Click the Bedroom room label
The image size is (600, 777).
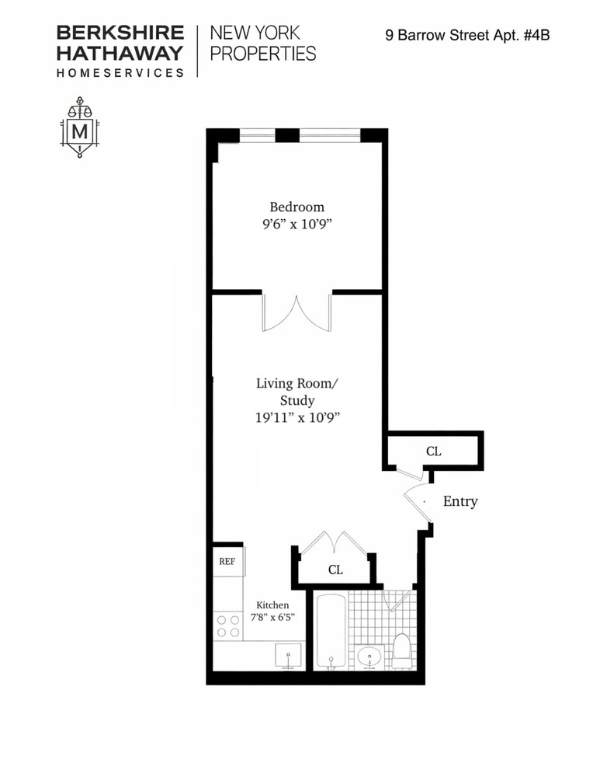click(x=297, y=207)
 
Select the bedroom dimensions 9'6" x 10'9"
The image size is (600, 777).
click(x=297, y=225)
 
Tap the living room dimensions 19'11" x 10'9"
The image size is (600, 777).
click(x=297, y=418)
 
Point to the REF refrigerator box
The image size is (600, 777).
click(x=227, y=561)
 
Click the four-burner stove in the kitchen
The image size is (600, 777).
click(x=227, y=625)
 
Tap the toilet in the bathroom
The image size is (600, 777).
click(x=402, y=650)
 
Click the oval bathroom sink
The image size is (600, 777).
click(x=369, y=657)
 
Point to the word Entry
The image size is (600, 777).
click(x=460, y=501)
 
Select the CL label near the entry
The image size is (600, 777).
click(x=433, y=451)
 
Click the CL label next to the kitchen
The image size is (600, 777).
click(x=335, y=570)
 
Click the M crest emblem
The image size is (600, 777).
click(x=78, y=128)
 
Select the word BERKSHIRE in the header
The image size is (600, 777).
click(x=120, y=33)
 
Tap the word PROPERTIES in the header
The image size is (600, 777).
click(x=263, y=54)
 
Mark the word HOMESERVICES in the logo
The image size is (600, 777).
click(x=120, y=72)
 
